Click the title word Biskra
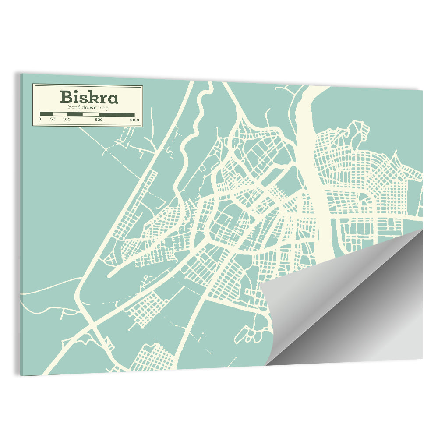89,97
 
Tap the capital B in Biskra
67,97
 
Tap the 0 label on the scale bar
40,120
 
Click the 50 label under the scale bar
53,120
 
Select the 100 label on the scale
67,120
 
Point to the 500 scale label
99,120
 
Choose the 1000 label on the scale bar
134,120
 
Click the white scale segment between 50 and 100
60,114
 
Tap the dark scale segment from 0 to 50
46,114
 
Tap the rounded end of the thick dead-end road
110,274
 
